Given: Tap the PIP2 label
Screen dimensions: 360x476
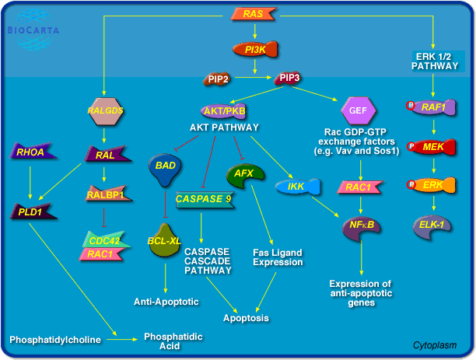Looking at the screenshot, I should [219, 79].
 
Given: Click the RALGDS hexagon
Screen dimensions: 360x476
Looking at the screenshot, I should [106, 110].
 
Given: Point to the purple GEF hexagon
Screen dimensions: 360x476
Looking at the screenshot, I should [358, 111].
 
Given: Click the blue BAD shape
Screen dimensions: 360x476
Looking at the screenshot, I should [164, 167].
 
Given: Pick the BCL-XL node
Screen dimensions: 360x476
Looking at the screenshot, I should [164, 239].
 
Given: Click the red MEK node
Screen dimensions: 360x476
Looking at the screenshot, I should [432, 147].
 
